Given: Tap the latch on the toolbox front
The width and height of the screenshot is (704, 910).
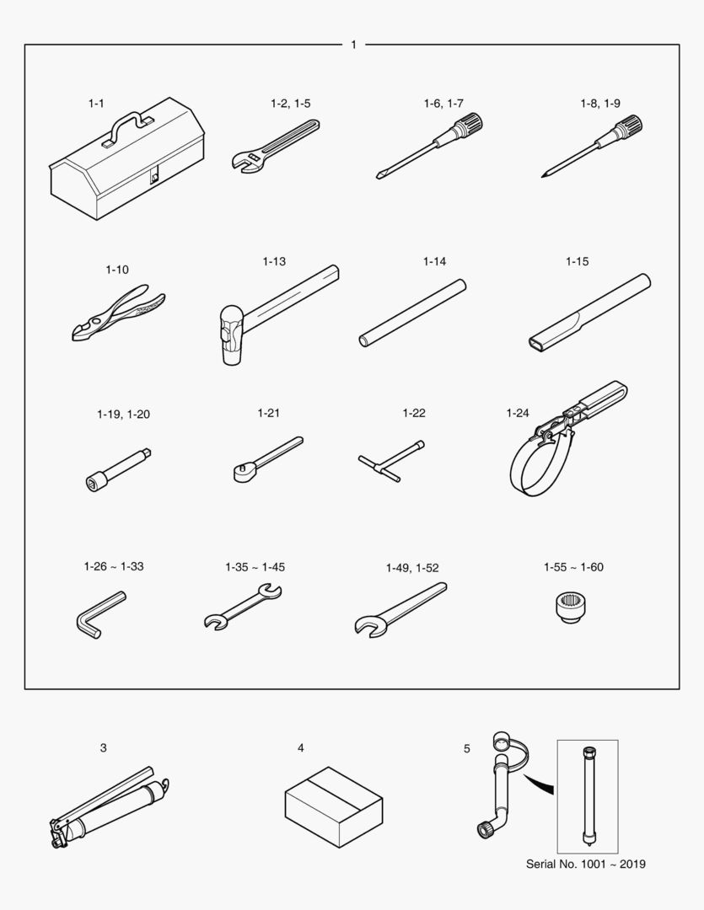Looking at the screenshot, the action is pos(154,175).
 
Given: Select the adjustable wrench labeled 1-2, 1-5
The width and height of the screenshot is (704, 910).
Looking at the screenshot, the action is pos(275,147).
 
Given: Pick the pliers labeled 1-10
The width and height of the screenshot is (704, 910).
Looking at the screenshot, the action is pos(119,313).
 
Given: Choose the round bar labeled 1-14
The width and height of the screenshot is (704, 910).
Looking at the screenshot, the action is pos(412,313).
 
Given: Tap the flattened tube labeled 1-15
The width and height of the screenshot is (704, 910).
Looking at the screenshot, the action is pos(589,313).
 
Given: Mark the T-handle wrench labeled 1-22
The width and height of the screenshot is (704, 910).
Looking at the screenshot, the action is pos(391,462).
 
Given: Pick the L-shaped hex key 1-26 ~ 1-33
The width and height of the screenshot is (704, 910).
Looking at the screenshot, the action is pos(99,614).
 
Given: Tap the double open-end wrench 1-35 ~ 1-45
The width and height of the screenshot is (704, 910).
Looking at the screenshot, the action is pos(243,607).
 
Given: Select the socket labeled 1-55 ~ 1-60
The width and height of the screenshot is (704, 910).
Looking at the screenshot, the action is pos(571,608).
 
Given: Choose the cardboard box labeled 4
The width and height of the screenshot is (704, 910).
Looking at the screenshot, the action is pos(333,806).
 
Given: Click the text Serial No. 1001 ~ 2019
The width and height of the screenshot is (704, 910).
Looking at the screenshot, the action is pos(585,864).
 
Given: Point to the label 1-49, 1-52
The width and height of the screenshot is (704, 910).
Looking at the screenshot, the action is pos(412,568).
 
